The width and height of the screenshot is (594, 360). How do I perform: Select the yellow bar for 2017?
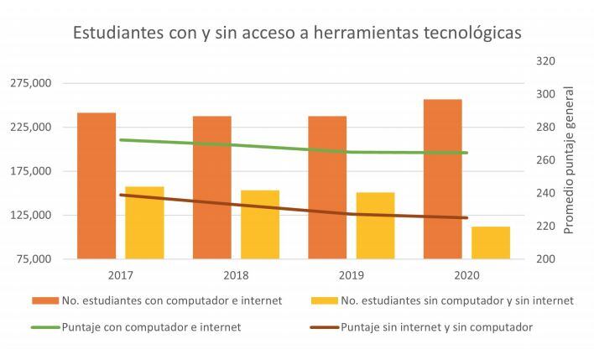[144, 222]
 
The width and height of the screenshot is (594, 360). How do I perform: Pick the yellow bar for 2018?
[260, 224]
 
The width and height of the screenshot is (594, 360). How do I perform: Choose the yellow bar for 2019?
[375, 225]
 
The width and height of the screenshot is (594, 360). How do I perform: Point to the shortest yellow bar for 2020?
[491, 243]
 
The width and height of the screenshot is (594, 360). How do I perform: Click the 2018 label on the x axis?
[236, 274]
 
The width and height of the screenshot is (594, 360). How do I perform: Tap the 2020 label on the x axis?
[466, 274]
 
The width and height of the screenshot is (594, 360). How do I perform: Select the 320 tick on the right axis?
[544, 61]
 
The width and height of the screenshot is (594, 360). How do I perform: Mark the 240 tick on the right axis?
[544, 193]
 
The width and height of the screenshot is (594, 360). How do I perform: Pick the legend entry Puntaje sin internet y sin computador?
[436, 326]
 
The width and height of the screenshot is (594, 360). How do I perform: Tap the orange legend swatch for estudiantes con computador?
[44, 300]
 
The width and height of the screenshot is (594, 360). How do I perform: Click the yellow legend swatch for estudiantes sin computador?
[324, 300]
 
